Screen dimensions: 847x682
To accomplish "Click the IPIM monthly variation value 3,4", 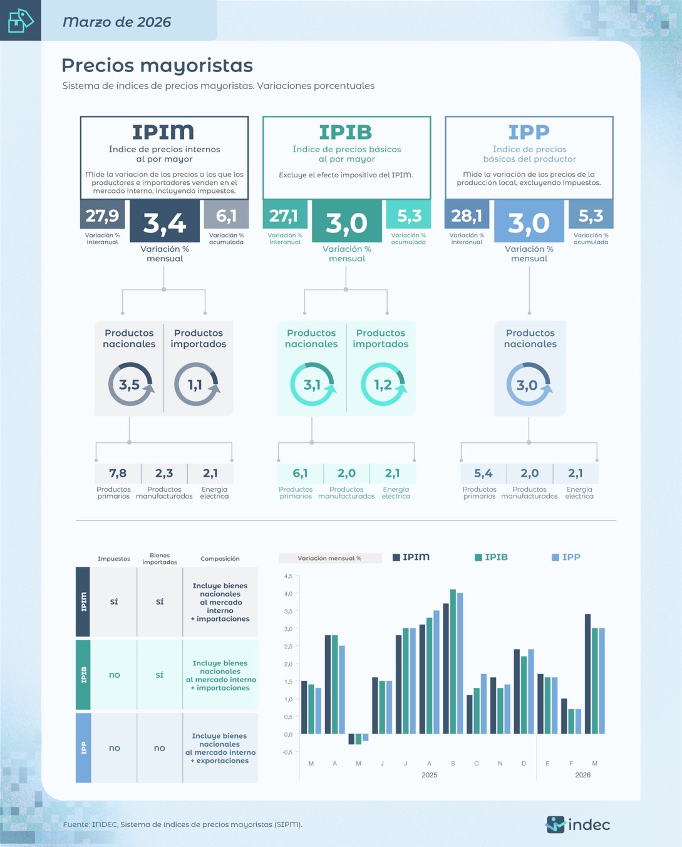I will tap(165, 222).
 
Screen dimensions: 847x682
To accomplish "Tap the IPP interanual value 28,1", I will tap(467, 216).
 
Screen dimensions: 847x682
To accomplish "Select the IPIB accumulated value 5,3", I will tap(409, 216).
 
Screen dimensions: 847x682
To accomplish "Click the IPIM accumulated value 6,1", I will tap(226, 216).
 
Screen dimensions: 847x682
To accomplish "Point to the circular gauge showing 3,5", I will tap(130, 384).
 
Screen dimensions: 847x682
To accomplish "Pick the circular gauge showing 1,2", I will tap(383, 384).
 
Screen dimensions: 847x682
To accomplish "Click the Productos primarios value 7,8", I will tap(118, 473).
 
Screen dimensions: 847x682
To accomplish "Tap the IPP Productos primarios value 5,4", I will tap(483, 473).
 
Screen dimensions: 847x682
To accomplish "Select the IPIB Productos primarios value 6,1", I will tap(300, 473).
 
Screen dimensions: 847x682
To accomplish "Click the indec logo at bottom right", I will tap(578, 824).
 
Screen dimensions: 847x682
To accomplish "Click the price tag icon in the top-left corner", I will tap(20, 20).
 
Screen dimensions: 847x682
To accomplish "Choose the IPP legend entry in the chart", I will tap(566, 557).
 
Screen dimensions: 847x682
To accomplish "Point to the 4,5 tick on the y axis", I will tap(288, 576).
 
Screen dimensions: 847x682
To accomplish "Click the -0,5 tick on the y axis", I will tap(287, 752).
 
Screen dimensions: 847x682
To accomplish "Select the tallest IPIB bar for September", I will tap(453, 661).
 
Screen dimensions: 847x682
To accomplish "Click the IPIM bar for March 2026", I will tap(587, 673).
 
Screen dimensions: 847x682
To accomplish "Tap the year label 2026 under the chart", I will tap(582, 775).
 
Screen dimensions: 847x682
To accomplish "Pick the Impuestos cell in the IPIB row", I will tap(114, 675).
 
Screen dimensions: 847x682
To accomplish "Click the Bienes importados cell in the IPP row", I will tap(160, 748).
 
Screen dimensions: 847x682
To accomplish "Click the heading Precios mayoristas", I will tap(157, 65).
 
